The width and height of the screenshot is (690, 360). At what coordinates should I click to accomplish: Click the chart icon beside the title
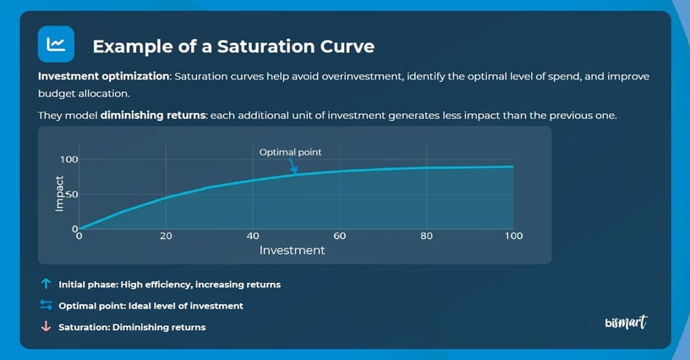pyautogui.click(x=56, y=44)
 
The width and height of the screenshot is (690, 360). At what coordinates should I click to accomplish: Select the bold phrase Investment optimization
pyautogui.click(x=104, y=77)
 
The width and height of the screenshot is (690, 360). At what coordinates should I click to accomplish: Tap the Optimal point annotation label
pyautogui.click(x=290, y=152)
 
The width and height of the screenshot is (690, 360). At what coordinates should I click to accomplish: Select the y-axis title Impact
pyautogui.click(x=59, y=194)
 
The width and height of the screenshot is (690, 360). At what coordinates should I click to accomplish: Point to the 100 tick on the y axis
pyautogui.click(x=68, y=160)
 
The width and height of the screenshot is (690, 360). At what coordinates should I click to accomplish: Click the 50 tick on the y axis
pyautogui.click(x=72, y=194)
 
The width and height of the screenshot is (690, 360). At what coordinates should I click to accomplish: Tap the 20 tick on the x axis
pyautogui.click(x=166, y=236)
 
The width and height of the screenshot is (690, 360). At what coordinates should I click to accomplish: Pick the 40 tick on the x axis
pyautogui.click(x=253, y=236)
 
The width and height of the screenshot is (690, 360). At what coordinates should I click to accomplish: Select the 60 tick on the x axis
pyautogui.click(x=340, y=236)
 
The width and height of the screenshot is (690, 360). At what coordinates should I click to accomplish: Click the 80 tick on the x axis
pyautogui.click(x=427, y=236)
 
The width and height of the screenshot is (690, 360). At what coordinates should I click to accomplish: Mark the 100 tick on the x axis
pyautogui.click(x=513, y=236)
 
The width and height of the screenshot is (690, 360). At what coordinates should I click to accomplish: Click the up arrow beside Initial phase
pyautogui.click(x=47, y=285)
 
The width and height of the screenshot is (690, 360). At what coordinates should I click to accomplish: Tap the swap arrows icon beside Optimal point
pyautogui.click(x=47, y=306)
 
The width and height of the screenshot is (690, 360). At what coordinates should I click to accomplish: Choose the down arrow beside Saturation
pyautogui.click(x=47, y=327)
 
